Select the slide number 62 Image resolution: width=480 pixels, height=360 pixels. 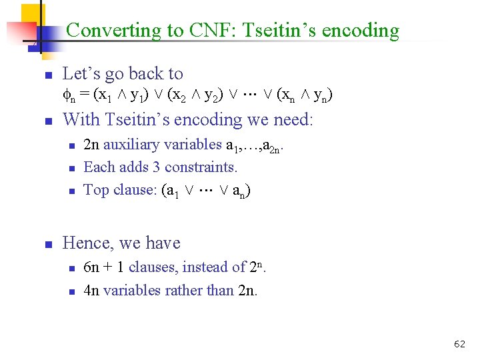click(459, 344)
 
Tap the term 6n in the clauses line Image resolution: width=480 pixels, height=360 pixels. click(92, 267)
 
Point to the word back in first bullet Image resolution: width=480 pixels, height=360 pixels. click(139, 74)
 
